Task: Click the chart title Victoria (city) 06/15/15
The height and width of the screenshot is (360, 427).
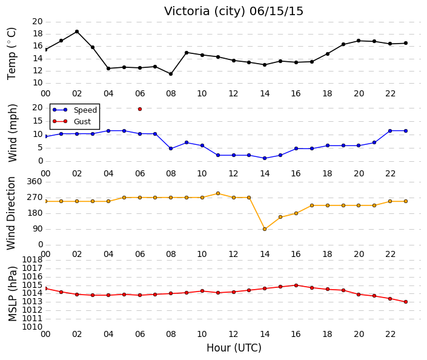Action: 234,12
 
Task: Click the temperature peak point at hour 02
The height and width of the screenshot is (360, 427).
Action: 77,32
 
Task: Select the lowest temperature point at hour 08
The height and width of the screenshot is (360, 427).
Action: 171,74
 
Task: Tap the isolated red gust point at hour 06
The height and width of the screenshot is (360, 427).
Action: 140,109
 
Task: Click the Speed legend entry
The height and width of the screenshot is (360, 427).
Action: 74,110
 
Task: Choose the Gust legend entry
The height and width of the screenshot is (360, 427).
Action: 71,121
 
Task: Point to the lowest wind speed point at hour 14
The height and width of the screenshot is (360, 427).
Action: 265,158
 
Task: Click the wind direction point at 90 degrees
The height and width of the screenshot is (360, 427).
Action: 265,229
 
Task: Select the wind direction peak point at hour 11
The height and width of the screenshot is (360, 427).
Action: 218,193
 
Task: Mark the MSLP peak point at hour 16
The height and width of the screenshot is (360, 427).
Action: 296,285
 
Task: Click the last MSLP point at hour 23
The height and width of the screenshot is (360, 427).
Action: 406,302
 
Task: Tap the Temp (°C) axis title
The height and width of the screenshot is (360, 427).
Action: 12,53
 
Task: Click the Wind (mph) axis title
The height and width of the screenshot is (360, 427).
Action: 13,133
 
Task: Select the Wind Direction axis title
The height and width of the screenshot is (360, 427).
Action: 11,213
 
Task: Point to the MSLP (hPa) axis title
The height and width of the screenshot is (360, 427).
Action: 13,293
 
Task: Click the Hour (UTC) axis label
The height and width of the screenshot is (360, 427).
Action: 234,348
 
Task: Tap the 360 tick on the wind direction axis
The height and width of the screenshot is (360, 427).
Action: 35,181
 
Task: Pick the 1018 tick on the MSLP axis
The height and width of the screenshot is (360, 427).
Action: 32,259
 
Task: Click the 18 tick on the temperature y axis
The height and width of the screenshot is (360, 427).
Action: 38,34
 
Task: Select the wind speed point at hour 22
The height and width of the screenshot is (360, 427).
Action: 390,131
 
